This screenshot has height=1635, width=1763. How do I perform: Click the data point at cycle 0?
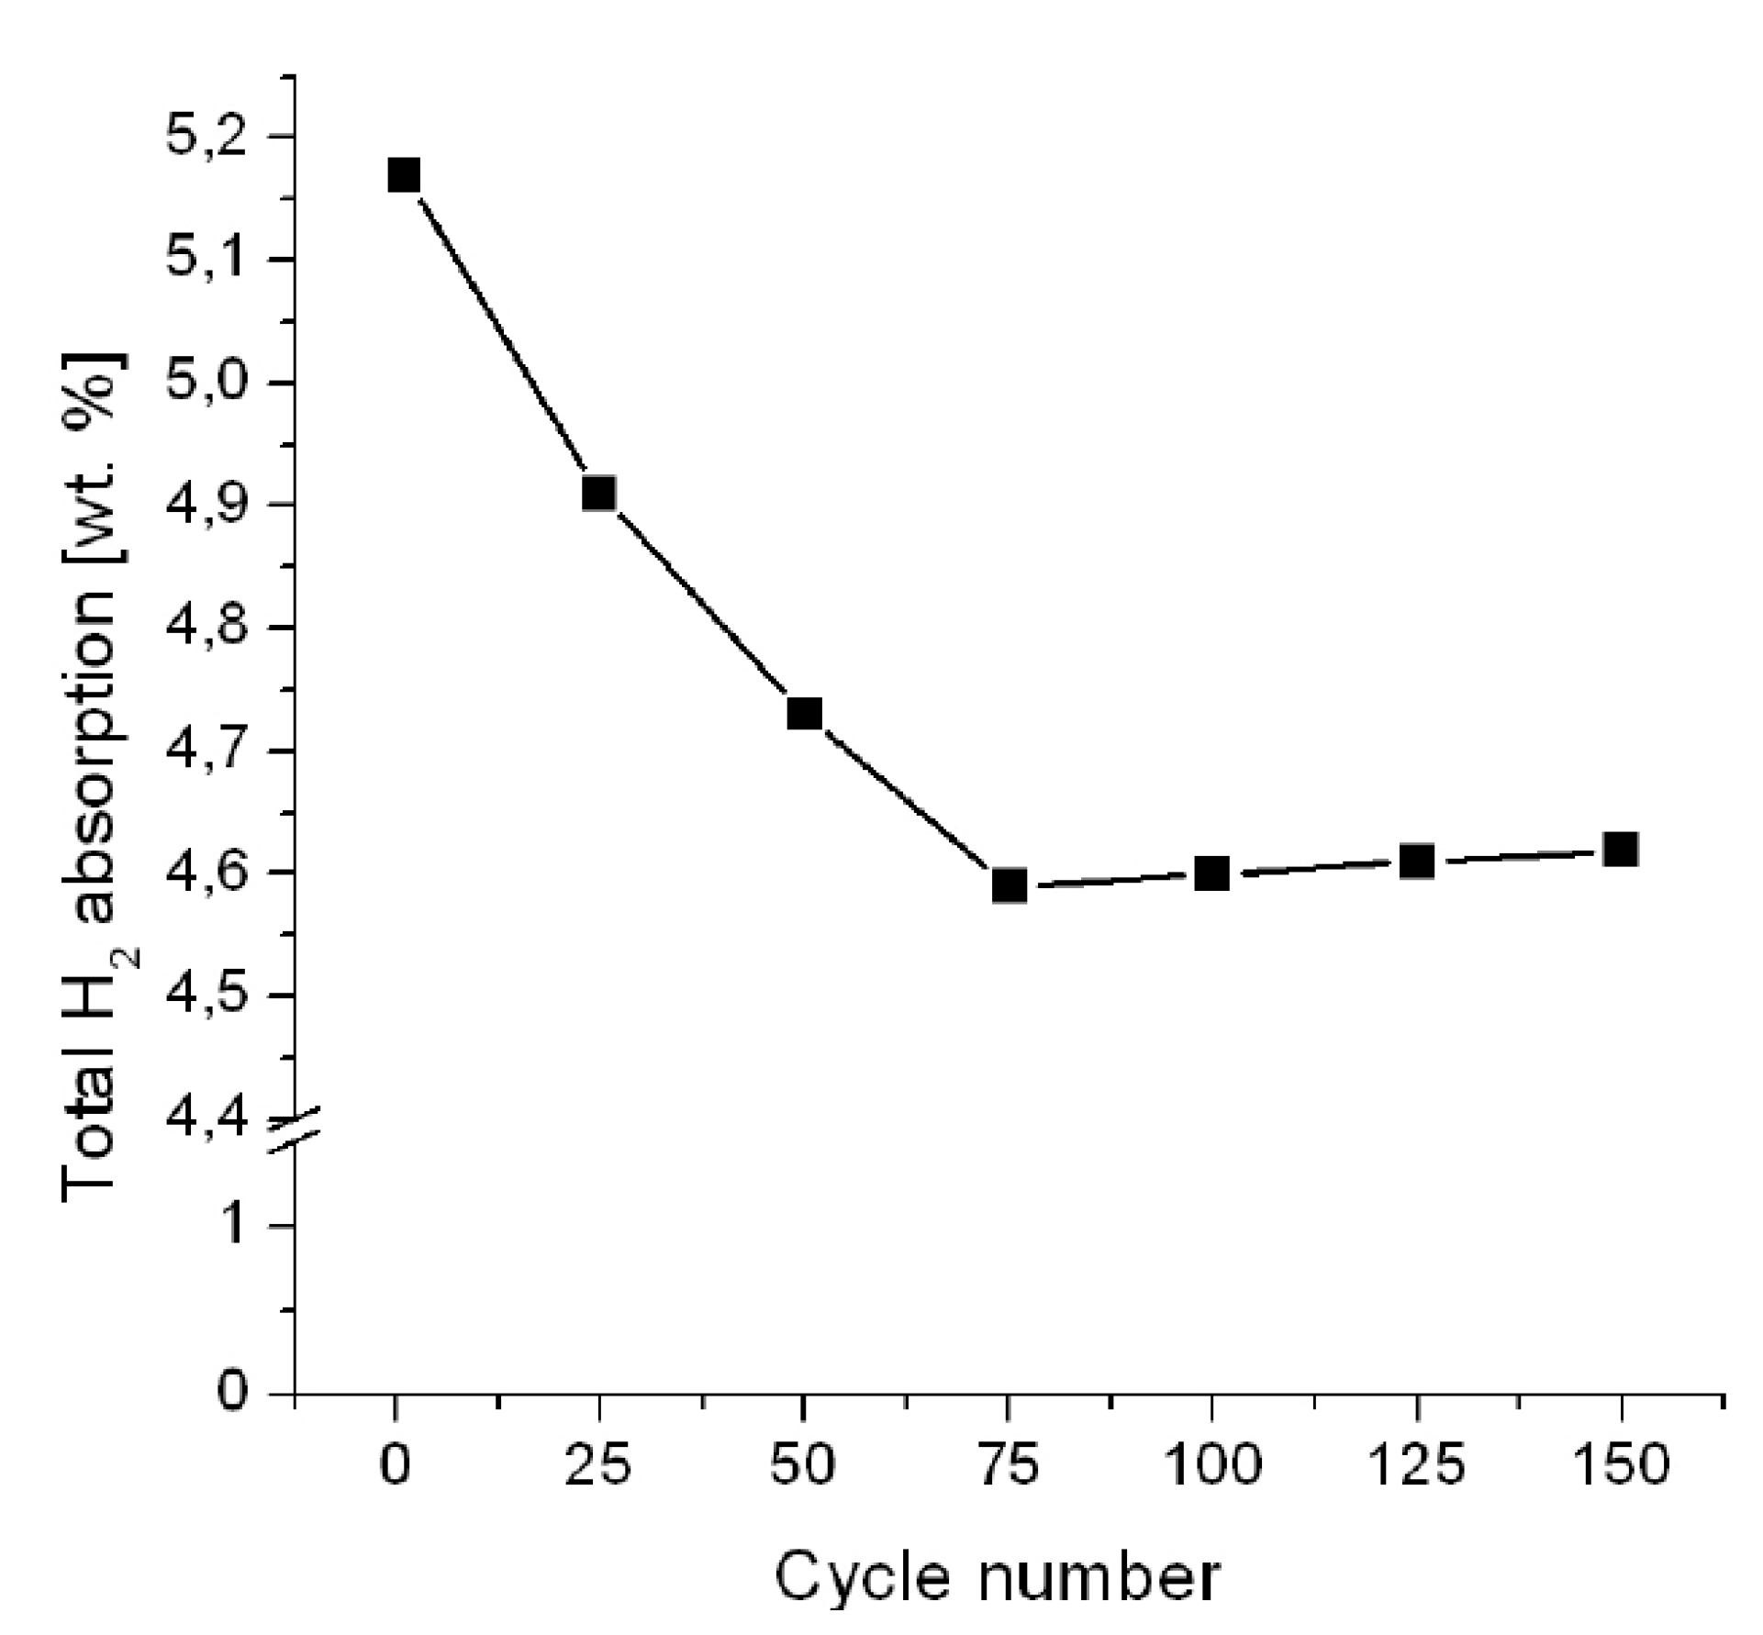(404, 174)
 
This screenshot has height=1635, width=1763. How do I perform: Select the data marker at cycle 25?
(598, 494)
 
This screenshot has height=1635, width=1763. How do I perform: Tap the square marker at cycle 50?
(805, 713)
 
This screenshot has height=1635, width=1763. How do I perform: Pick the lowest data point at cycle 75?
(1009, 886)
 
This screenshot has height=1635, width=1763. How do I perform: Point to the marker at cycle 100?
(1212, 873)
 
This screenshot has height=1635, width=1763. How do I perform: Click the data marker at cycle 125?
(1417, 862)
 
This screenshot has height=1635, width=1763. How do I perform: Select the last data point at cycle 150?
(1622, 850)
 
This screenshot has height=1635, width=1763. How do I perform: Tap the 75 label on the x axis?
(1008, 1465)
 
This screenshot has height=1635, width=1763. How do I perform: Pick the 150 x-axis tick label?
(1621, 1465)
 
